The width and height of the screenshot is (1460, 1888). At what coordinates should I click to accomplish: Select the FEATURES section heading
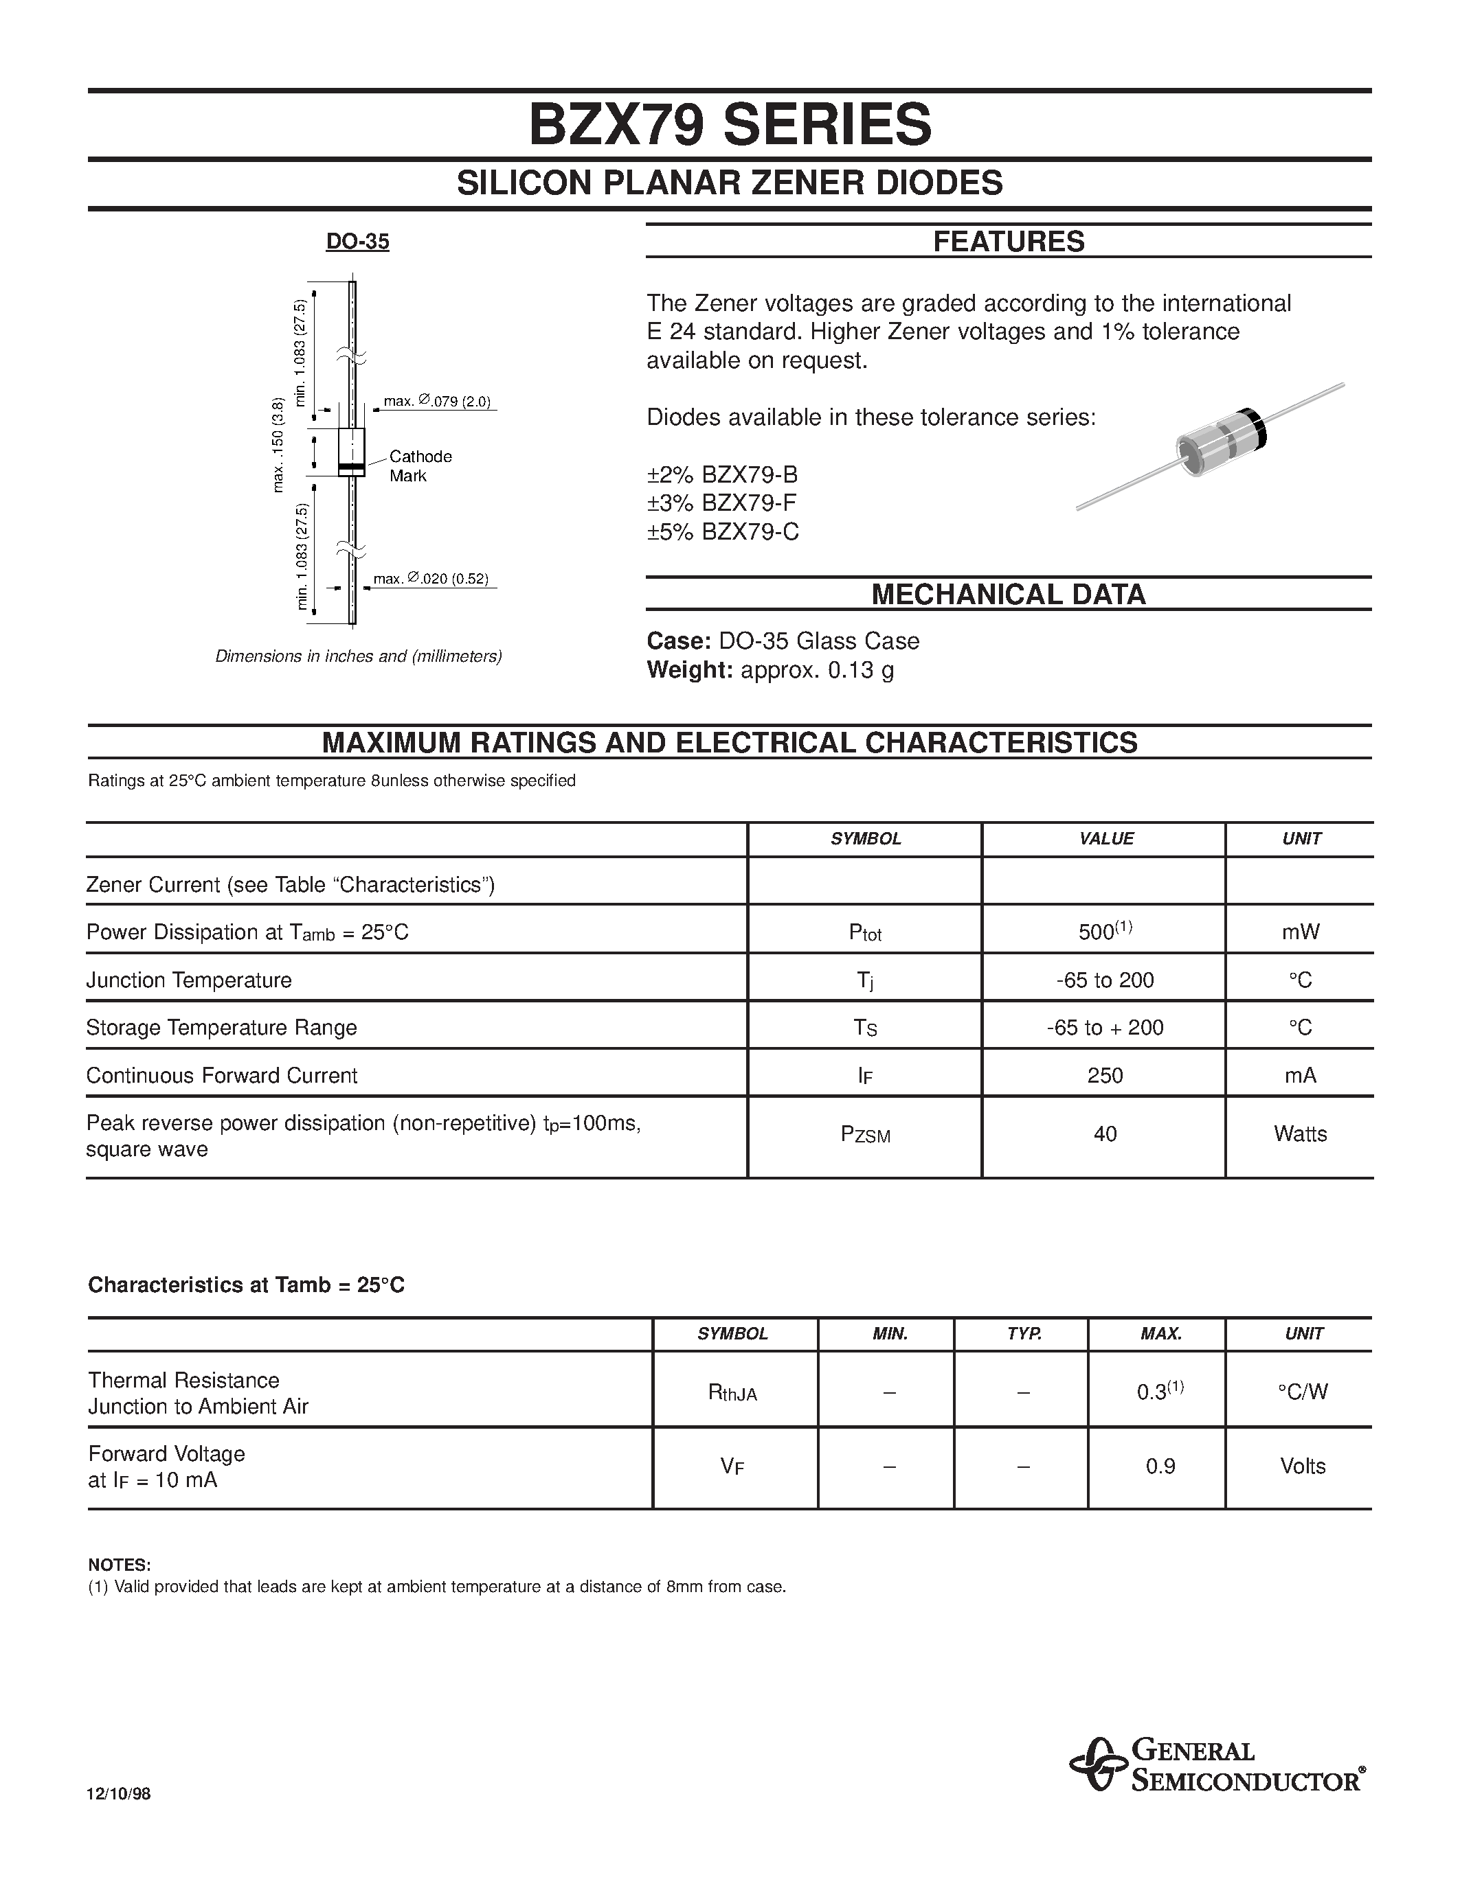[x=1008, y=242]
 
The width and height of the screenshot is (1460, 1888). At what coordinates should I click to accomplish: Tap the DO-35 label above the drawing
[x=357, y=242]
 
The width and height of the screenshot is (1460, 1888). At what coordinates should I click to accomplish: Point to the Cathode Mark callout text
[x=420, y=466]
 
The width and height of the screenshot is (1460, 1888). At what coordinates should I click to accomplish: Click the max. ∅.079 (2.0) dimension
[x=437, y=401]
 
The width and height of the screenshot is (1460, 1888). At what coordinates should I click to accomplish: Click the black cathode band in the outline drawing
[x=351, y=468]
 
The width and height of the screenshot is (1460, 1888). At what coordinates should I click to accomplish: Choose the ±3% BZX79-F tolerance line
[x=721, y=503]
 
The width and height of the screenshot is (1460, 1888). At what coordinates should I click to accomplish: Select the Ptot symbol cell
[x=865, y=932]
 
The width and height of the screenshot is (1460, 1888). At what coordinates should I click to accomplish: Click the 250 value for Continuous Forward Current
[x=1105, y=1075]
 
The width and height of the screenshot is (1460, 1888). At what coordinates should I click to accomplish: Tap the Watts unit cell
[x=1299, y=1134]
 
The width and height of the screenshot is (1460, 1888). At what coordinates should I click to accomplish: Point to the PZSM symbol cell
[x=865, y=1135]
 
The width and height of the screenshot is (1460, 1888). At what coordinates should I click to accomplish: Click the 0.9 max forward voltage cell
[x=1160, y=1466]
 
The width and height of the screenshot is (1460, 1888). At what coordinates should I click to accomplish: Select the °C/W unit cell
[x=1302, y=1392]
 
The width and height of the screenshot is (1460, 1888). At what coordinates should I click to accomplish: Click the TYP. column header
[x=1023, y=1334]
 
